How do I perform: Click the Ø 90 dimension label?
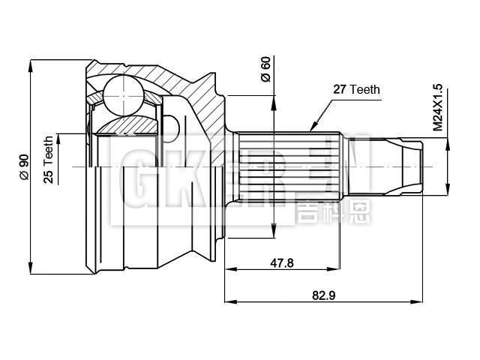(24, 166)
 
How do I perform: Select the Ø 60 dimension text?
(265, 69)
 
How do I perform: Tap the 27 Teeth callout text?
(355, 89)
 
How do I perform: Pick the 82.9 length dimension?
(323, 295)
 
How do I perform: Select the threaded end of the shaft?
(394, 165)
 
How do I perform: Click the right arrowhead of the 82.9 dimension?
(417, 302)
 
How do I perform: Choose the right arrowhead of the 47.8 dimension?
(338, 269)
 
